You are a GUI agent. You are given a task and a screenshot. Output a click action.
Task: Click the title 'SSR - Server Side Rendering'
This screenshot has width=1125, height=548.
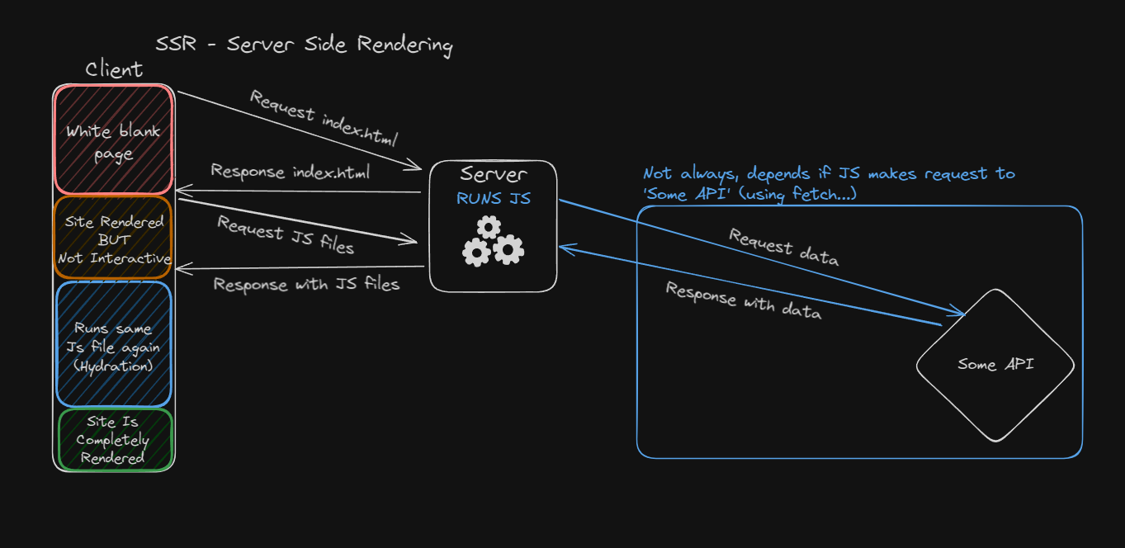coord(304,45)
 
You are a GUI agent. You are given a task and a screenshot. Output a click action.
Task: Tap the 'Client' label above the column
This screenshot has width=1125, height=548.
coord(114,70)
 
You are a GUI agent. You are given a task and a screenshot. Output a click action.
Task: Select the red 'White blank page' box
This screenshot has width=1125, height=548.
coord(114,140)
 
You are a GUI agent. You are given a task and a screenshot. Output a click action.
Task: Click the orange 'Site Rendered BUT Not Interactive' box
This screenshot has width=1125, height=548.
coord(114,239)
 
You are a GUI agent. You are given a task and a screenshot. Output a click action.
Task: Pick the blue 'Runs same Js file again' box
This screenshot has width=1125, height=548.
coord(114,345)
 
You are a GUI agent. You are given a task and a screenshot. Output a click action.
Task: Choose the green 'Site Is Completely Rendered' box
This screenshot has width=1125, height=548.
coord(114,440)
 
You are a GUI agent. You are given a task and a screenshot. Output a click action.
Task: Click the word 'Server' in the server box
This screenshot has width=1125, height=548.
coord(493,175)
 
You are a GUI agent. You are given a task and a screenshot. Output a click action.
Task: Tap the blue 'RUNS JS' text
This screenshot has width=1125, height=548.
coord(493,199)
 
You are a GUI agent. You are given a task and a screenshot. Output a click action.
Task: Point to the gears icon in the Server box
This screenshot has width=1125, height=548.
coord(493,242)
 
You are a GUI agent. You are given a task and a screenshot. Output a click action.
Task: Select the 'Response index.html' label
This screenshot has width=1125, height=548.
coord(291,172)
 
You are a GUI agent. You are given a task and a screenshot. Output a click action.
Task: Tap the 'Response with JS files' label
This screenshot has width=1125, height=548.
coord(306,285)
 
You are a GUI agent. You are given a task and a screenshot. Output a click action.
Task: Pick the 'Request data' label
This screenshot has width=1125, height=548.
coord(783,248)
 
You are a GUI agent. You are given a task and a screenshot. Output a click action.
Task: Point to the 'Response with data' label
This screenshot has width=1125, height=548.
coord(744,301)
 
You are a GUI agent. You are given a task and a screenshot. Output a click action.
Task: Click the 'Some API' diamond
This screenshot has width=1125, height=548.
coord(995,364)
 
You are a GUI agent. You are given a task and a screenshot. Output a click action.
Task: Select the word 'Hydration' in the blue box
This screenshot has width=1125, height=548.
coord(114,366)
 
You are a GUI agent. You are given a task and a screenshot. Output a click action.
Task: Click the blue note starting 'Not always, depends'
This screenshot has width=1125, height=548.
coord(829,183)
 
